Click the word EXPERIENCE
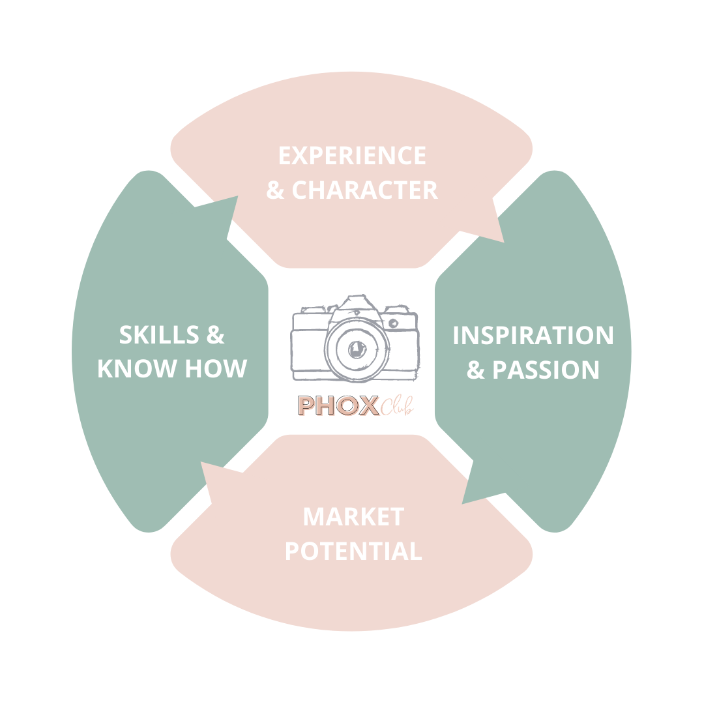[x=352, y=156]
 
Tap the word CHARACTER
[x=364, y=190]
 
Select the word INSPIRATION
[x=533, y=336]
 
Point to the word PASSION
[x=546, y=370]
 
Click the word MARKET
[x=353, y=517]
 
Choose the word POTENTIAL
[x=353, y=551]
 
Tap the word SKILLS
[x=159, y=335]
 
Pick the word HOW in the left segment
[x=216, y=369]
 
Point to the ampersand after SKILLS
[x=216, y=335]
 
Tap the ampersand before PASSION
[x=477, y=370]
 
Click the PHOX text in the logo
[x=338, y=405]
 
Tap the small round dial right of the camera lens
[x=393, y=323]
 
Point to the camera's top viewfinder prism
[x=355, y=303]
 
